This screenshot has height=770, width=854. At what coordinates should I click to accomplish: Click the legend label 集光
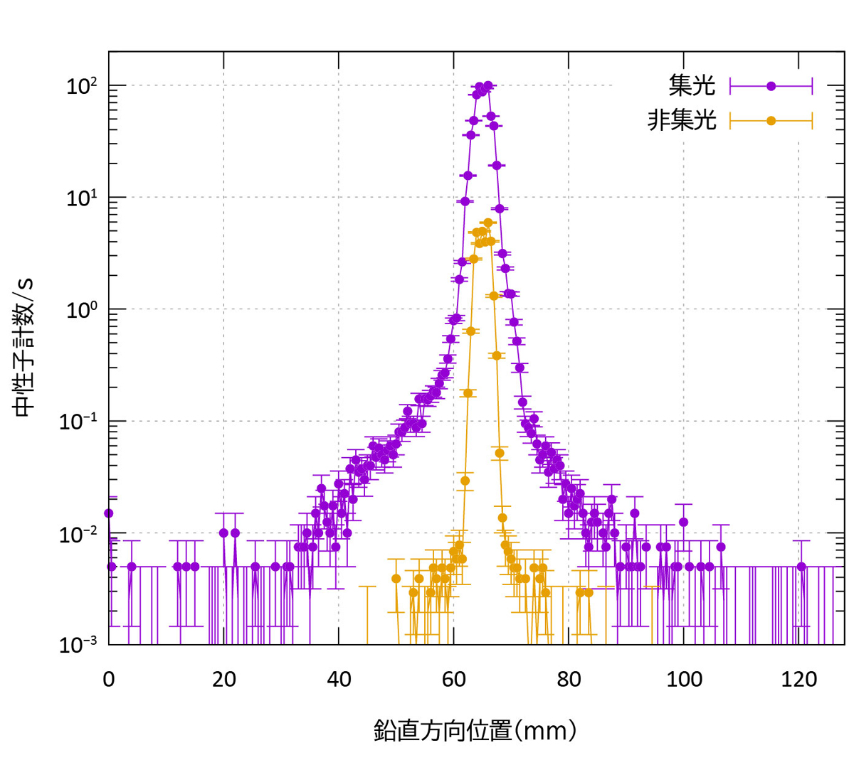pos(691,86)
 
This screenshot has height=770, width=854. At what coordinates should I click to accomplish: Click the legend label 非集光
pos(680,121)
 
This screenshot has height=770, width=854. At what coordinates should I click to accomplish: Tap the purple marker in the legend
pos(771,86)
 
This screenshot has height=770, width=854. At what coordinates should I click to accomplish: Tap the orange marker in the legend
pos(771,121)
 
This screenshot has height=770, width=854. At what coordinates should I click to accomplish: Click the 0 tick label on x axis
pos(109,680)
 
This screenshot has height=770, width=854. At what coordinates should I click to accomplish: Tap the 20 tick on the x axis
pos(223,680)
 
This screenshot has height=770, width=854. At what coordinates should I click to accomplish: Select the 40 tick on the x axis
pos(339,680)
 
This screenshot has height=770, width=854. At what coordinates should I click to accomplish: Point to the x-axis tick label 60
pos(454,680)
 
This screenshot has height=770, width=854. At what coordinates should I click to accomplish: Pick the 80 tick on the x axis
pos(569,680)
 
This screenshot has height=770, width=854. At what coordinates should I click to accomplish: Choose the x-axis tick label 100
pos(684,680)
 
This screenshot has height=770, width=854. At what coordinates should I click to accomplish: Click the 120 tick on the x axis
pos(798,680)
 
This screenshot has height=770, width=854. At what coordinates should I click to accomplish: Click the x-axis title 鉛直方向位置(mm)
pos(475,730)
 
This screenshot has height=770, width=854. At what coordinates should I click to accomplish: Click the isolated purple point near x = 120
pos(801,567)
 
